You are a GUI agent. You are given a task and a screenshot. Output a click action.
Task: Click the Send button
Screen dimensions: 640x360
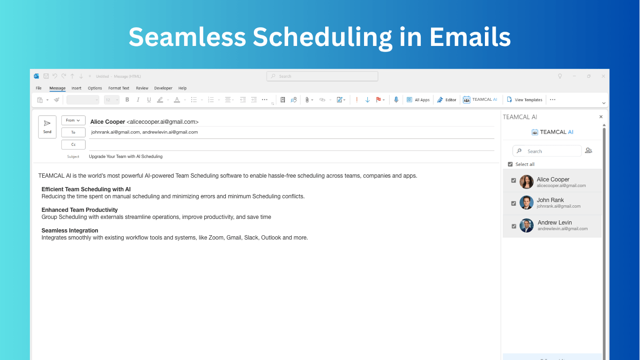click(x=47, y=127)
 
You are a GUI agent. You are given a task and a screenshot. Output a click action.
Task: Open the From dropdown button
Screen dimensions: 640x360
click(x=73, y=120)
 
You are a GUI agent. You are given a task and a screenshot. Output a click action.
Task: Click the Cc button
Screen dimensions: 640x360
click(x=73, y=145)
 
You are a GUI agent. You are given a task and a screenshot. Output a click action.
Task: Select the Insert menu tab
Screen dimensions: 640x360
click(x=76, y=88)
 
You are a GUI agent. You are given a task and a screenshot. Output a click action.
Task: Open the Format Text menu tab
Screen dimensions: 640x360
click(x=119, y=88)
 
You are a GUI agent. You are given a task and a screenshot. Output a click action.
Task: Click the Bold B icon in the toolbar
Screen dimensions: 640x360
click(x=127, y=100)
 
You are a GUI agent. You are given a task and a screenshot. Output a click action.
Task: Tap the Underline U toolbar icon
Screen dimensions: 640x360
click(x=149, y=100)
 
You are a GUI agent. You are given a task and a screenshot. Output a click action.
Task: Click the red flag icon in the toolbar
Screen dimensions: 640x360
click(x=379, y=99)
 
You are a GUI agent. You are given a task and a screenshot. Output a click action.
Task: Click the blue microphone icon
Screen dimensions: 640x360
click(x=396, y=99)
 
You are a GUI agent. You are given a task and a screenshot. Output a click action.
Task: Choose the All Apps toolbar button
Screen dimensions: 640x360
click(x=418, y=100)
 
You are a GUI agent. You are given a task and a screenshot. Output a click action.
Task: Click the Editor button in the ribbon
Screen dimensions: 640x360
click(x=447, y=100)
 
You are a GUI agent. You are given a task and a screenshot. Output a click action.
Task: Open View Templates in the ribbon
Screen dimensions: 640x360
click(x=524, y=100)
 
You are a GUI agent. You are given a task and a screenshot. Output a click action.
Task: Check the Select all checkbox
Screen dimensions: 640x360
click(x=510, y=164)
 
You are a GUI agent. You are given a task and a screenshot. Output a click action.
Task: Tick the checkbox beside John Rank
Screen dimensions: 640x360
click(x=513, y=203)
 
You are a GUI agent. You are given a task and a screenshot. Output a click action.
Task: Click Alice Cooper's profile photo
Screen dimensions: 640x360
click(x=526, y=182)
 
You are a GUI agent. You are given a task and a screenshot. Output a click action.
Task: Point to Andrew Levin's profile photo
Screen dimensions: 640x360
click(x=526, y=225)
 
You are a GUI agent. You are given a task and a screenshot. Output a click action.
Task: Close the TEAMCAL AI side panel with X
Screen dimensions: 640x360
click(x=601, y=117)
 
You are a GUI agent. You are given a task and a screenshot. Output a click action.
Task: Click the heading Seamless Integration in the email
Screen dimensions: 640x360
click(x=70, y=231)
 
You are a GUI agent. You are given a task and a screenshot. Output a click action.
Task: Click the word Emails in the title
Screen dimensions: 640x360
click(x=470, y=37)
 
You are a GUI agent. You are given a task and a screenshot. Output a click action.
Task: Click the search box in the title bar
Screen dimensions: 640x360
click(x=322, y=76)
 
